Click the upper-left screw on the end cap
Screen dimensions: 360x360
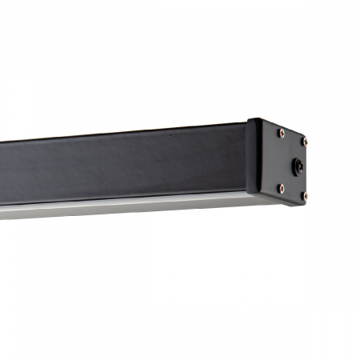[281, 133]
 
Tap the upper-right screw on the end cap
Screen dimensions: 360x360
[304, 140]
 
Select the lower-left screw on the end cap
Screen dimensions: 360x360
[281, 188]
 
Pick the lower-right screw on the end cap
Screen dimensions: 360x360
[304, 194]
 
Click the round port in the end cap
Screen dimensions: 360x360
[298, 166]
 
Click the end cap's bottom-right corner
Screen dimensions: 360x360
[308, 201]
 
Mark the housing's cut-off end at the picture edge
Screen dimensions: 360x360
[2, 176]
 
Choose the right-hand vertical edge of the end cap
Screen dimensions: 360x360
[309, 168]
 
